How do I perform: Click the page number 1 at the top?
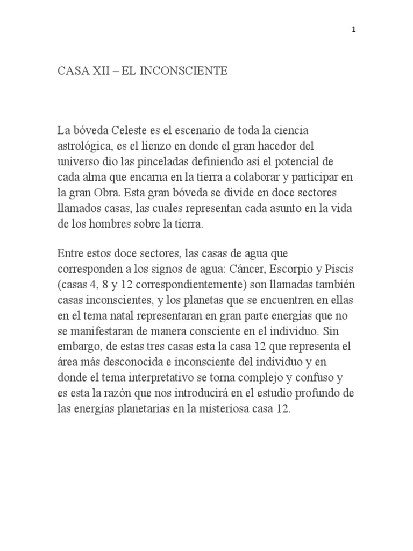353,31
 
